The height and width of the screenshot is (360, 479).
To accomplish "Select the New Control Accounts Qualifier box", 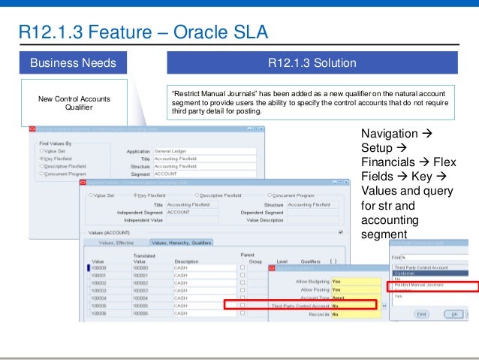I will point(74,103).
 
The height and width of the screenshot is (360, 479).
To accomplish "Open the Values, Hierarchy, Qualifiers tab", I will point(181,243).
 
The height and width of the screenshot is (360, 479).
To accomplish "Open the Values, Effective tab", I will point(116,243).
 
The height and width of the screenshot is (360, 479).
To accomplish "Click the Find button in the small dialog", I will point(422,313).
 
